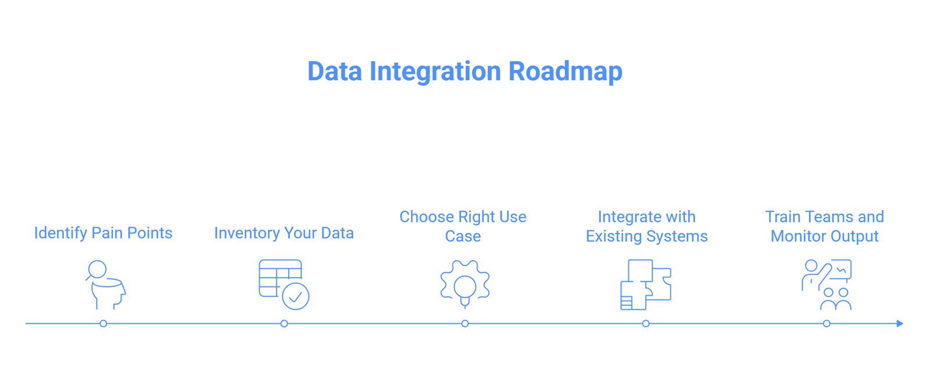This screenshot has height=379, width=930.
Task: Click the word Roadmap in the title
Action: coord(566,71)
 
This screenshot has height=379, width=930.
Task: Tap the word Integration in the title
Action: coord(435,72)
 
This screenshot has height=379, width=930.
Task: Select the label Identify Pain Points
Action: coord(103,233)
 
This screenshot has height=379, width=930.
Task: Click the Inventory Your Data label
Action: coord(284,233)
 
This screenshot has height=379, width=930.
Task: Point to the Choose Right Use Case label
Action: coord(463,226)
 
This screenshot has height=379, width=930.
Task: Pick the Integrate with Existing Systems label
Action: coord(646,226)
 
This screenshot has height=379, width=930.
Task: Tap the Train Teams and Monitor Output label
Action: coord(825,226)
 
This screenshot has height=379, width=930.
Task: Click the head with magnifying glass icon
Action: coord(105,285)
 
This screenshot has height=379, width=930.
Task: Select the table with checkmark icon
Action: coord(284,285)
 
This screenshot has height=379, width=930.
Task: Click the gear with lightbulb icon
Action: coord(465,285)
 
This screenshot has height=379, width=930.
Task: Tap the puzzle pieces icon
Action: coord(646,285)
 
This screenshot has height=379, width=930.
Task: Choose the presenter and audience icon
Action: coord(827,285)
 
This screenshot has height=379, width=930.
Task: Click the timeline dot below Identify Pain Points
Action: coord(103,324)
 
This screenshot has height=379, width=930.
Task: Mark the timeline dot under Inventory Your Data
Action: coord(284,324)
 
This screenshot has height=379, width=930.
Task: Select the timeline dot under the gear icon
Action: coord(465,324)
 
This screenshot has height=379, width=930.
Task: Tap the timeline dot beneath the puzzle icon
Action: coord(646,324)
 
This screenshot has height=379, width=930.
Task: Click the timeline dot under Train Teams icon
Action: coord(827,324)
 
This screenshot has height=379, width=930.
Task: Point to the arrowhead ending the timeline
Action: coord(900,324)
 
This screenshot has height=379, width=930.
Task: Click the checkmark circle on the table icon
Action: coord(296,297)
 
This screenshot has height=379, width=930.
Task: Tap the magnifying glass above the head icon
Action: coord(97,269)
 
